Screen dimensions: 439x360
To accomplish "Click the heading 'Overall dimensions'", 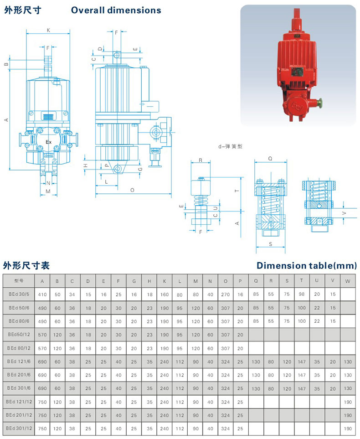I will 116,10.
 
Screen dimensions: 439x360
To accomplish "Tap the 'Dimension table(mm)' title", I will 306,265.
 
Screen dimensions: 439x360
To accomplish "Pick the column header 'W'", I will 348,281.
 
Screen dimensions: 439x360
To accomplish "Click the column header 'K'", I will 165,281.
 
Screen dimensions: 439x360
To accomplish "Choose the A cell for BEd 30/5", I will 42,294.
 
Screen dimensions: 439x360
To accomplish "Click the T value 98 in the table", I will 302,294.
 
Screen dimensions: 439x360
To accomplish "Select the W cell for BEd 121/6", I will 348,362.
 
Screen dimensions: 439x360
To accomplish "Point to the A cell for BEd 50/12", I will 42,335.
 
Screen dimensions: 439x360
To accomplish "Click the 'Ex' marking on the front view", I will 48,142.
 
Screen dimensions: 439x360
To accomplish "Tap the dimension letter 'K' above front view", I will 48,30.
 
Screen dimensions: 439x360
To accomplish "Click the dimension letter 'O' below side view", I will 132,190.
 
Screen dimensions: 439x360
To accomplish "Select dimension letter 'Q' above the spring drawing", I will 270,159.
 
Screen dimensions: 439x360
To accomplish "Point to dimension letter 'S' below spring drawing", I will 270,244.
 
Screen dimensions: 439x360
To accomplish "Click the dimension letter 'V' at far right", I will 344,212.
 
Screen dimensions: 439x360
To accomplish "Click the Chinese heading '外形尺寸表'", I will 26,265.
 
